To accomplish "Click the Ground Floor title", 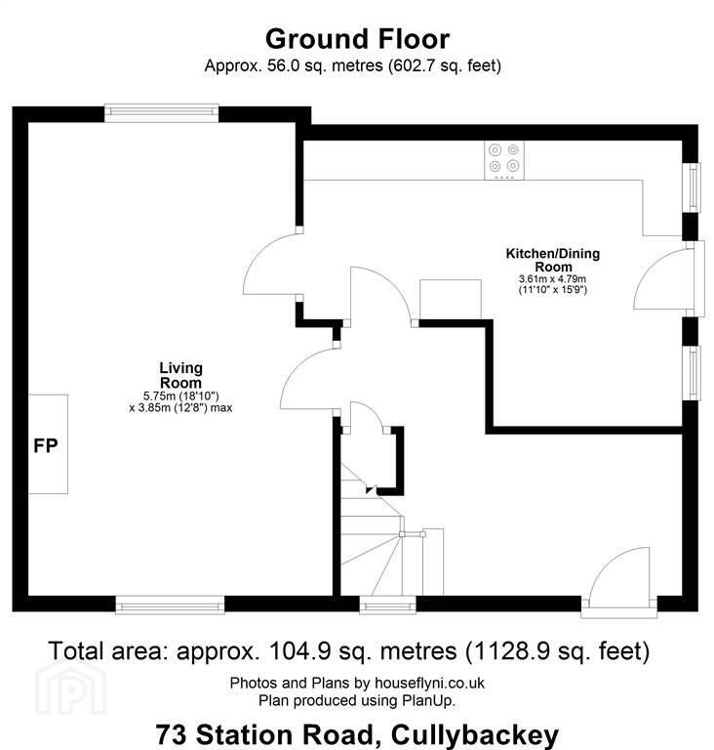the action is tap(357, 39).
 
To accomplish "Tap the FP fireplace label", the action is tap(46, 445).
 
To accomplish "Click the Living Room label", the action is tap(180, 375).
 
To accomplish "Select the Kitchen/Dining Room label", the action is tap(553, 260).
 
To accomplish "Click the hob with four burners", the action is tap(504, 160).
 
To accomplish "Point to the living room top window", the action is tap(162, 113).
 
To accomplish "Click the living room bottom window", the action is tap(170, 604).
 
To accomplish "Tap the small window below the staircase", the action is tap(387, 604).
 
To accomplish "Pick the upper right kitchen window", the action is tap(694, 187).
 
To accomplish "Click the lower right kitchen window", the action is tap(694, 373).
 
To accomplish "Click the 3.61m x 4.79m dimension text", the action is tap(552, 279).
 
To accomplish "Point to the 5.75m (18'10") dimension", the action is tap(181, 396).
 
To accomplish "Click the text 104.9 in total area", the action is tap(300, 651).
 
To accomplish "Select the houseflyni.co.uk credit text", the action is tap(429, 683).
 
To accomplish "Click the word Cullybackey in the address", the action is tap(474, 734).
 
